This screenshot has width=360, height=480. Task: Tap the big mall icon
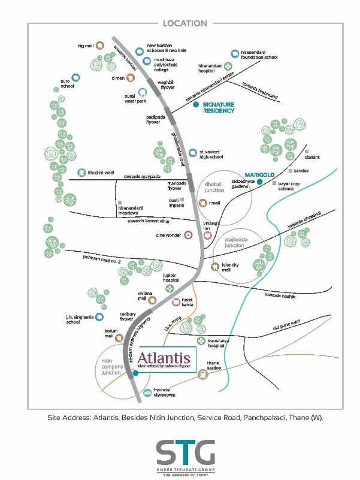coord(102,46)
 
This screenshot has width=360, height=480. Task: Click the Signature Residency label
coord(218,107)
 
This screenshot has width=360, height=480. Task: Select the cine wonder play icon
coord(188,236)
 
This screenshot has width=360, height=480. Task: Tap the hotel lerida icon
coord(176,303)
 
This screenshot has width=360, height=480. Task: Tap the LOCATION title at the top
coord(184,23)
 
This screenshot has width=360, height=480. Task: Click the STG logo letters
coord(185,450)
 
